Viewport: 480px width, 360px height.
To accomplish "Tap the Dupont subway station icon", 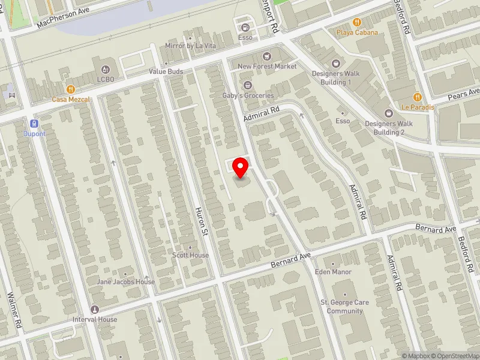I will [x=34, y=124].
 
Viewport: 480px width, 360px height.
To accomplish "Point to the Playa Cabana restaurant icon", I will [x=357, y=22].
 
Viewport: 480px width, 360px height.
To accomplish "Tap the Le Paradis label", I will [x=413, y=107].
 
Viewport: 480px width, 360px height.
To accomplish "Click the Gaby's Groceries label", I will [x=248, y=95].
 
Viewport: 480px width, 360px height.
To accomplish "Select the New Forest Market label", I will [x=267, y=67].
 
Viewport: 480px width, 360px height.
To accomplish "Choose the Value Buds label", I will [x=166, y=71].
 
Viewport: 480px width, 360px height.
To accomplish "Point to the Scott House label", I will [x=191, y=255].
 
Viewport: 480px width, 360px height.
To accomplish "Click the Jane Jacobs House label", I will [x=126, y=281].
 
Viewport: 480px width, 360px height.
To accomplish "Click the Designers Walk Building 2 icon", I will [x=388, y=112].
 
